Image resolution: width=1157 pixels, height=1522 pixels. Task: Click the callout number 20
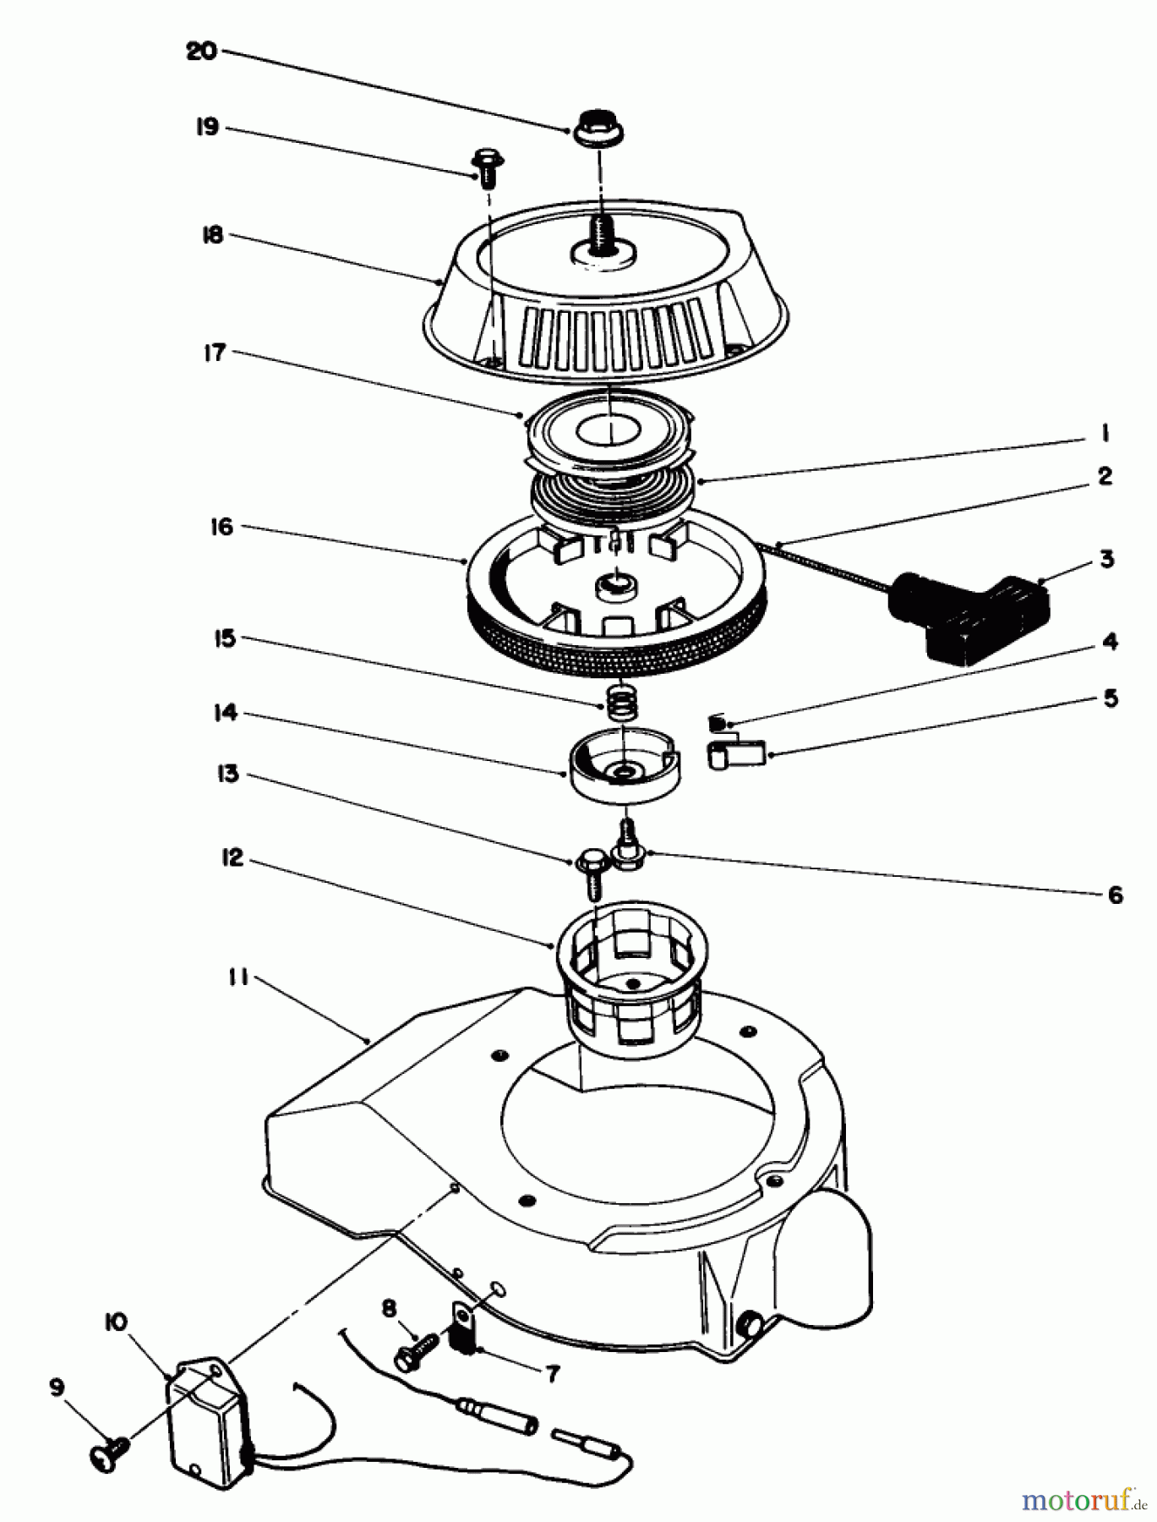(x=201, y=52)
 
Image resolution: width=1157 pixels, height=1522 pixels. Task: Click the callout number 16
(x=221, y=528)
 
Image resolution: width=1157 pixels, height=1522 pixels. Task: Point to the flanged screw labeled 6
(x=626, y=847)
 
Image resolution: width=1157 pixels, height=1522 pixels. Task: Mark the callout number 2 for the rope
(x=1103, y=476)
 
